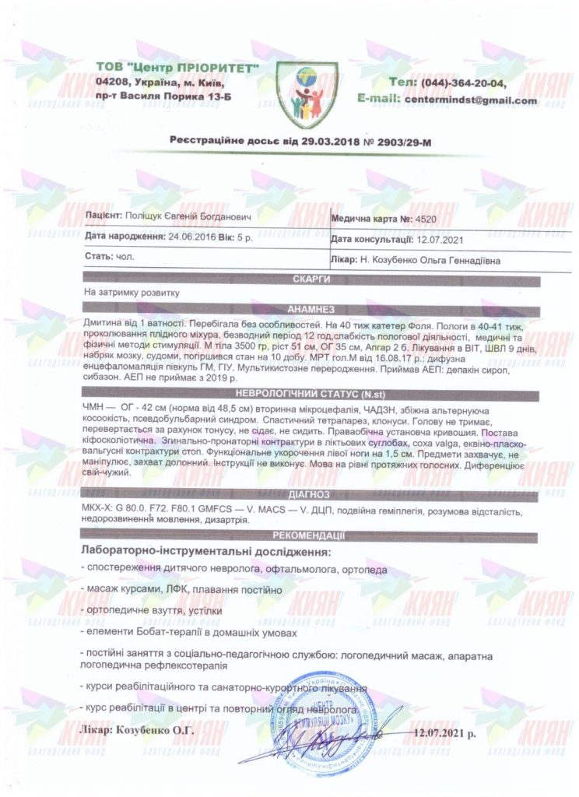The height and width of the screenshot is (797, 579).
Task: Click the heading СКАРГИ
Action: (x=309, y=279)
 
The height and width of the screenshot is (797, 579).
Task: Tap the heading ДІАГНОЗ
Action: (x=309, y=494)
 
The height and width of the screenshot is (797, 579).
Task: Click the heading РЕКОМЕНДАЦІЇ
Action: (x=309, y=536)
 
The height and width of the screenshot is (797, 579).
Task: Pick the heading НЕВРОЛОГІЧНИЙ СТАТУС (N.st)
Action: (x=309, y=395)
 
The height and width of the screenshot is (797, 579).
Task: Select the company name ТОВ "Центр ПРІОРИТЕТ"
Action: (x=177, y=68)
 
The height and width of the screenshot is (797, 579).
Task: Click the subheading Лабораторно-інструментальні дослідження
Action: (x=206, y=552)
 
